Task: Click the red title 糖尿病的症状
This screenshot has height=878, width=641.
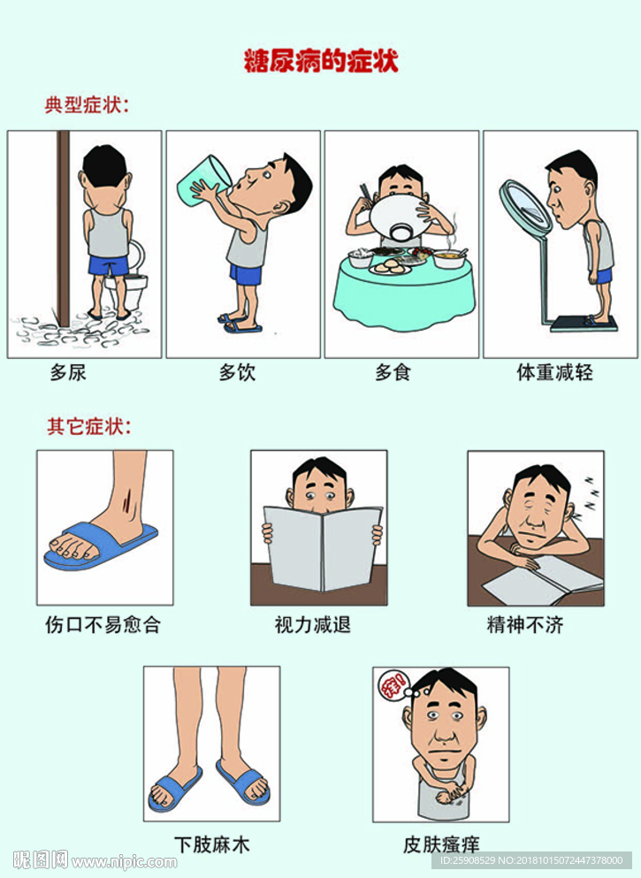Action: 321,61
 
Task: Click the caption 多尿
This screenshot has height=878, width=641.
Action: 68,372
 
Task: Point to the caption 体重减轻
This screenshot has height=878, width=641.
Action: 554,372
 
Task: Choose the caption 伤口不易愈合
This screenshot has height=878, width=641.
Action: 103,624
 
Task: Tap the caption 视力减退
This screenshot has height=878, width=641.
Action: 312,624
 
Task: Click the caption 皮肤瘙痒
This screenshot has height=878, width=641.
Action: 441,844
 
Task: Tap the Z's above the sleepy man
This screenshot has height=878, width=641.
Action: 591,493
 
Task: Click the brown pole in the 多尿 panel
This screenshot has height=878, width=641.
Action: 64,228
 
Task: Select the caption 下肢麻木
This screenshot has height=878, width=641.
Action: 211,844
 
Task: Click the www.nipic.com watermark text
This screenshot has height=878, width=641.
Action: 125,862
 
